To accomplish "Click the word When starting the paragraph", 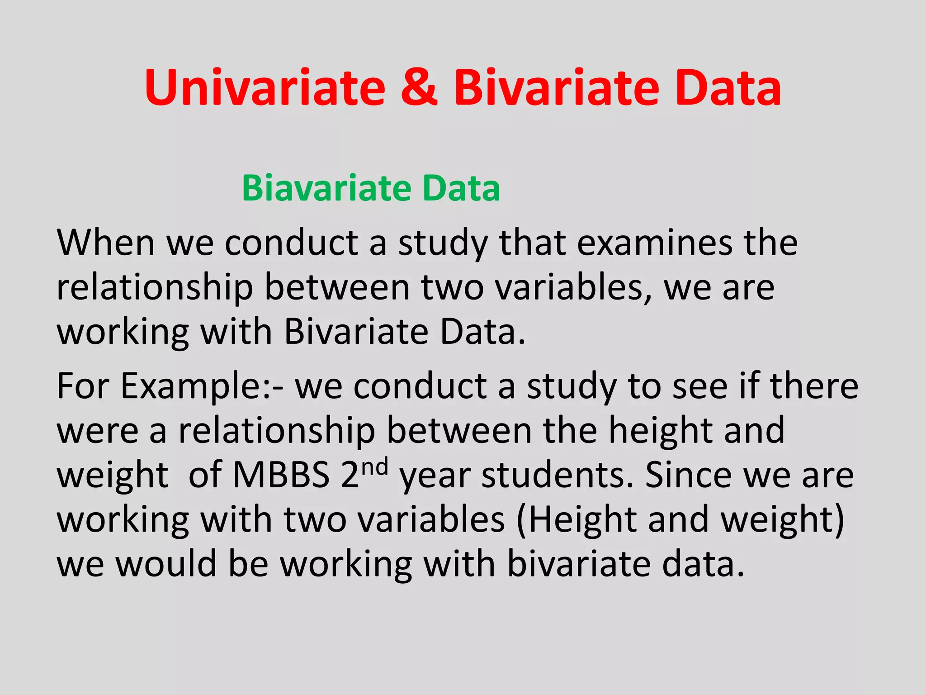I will (x=106, y=243).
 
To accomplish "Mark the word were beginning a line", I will (x=97, y=431).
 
